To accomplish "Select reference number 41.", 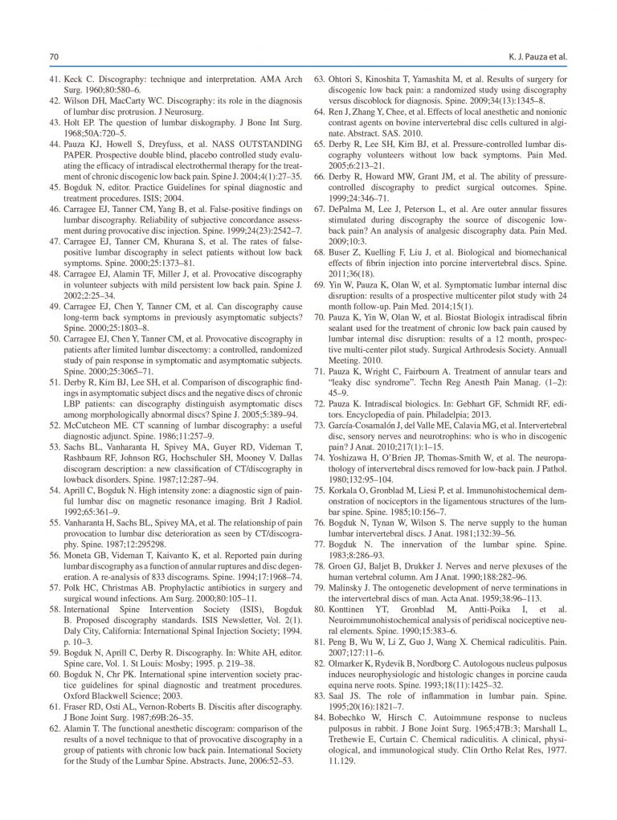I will point(55,80).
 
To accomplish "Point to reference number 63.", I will point(320,80).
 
